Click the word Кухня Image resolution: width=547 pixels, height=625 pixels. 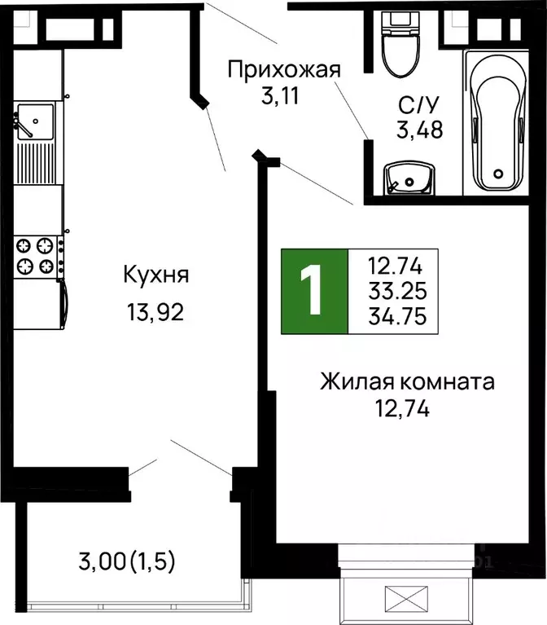click(155, 275)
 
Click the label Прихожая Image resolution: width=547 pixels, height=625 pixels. click(282, 70)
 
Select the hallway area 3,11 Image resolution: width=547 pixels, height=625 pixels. click(281, 99)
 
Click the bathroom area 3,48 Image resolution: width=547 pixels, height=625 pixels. click(419, 130)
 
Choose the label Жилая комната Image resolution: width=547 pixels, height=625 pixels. click(407, 381)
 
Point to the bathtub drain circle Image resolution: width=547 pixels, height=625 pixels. click(498, 173)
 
